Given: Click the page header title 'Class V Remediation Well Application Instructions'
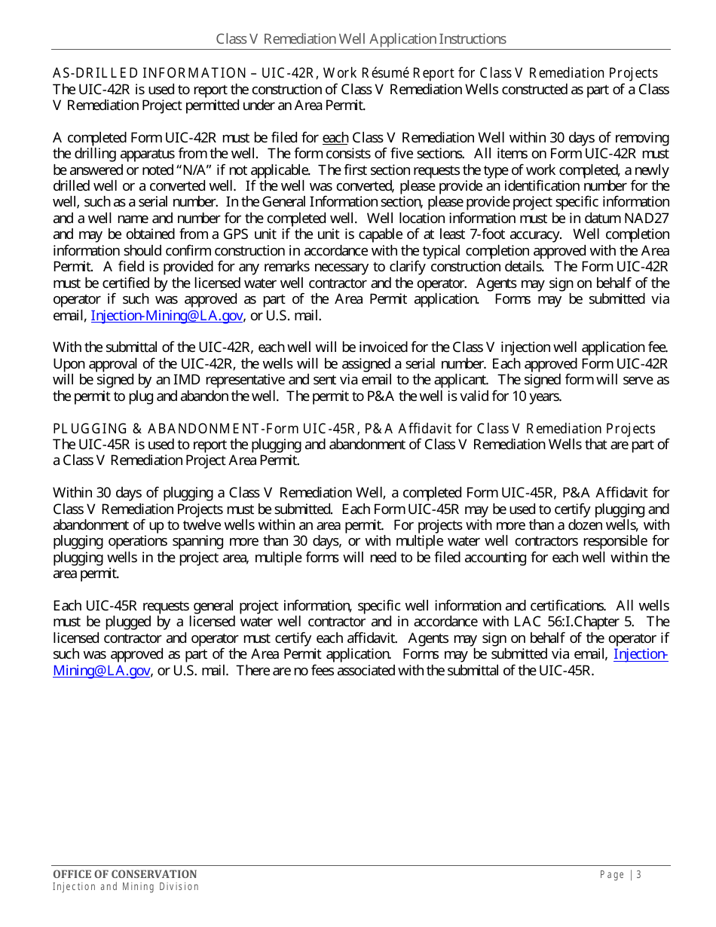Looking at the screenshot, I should tap(361, 39).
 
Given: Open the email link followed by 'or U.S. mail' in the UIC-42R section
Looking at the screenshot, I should tap(167, 316).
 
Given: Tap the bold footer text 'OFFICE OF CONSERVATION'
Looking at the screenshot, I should tap(124, 874).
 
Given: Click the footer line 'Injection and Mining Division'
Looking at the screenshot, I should tap(125, 887).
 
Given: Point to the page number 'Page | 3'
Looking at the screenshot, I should tap(620, 874).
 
